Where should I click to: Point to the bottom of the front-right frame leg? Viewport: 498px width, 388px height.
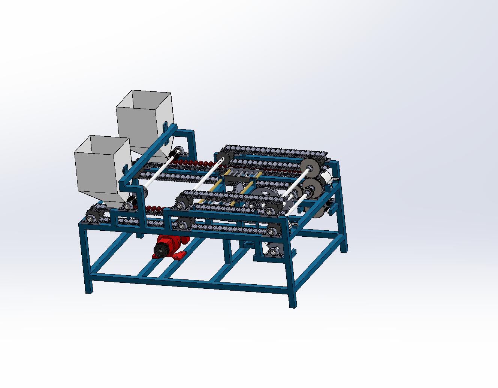293,304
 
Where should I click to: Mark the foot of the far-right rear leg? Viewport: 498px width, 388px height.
344,249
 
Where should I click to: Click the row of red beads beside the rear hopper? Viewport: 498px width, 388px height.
195,163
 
